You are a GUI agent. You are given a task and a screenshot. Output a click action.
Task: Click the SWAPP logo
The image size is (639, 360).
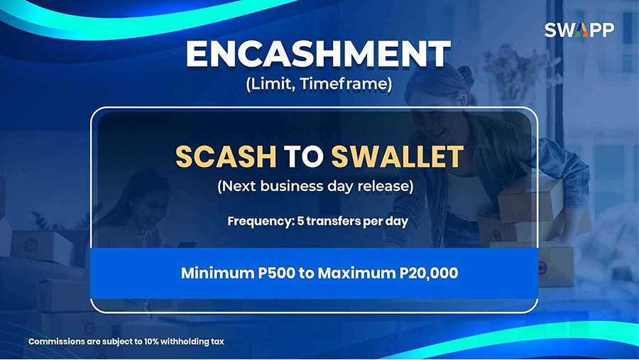click(579, 30)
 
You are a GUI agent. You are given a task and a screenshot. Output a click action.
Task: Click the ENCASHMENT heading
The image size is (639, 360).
click(318, 54)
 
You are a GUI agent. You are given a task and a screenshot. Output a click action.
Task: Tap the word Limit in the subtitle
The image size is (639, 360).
click(270, 84)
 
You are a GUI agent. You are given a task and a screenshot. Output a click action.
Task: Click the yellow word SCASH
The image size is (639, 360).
click(226, 156)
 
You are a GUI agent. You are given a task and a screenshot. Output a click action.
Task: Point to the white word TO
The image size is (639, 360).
click(304, 156)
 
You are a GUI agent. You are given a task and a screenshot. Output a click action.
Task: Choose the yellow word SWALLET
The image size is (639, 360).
click(398, 156)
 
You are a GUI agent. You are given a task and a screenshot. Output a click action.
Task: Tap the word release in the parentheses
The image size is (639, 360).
click(385, 186)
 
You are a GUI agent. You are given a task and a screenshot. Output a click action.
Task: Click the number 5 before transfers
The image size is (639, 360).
click(301, 221)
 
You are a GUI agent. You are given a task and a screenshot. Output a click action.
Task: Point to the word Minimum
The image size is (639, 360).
click(217, 273)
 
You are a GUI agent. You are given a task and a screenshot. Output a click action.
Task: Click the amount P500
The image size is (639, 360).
click(277, 273)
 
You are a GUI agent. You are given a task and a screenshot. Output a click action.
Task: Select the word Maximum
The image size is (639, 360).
click(356, 273)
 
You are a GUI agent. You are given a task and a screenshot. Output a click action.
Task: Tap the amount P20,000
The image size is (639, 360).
click(429, 273)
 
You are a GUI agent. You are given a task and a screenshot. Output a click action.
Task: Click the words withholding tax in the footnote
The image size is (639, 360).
click(192, 342)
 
